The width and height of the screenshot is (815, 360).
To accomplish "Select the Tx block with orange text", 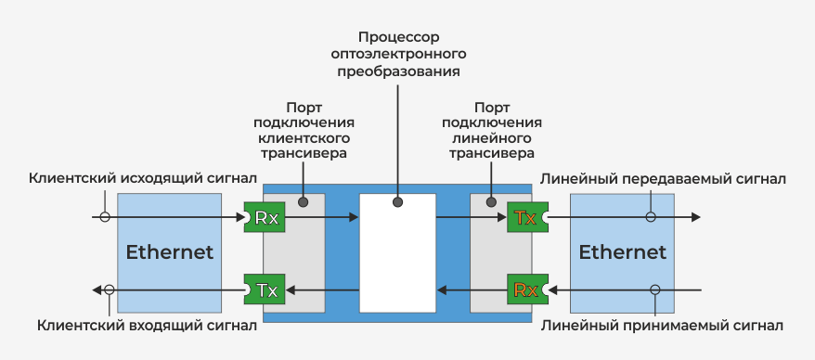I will point(525,218).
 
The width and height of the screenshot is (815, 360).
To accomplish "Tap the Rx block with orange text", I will point(525,290).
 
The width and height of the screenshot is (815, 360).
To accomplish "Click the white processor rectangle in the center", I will point(397,252).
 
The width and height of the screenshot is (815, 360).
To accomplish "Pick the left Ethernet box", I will point(169,252).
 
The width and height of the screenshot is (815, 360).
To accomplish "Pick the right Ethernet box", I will point(622,252).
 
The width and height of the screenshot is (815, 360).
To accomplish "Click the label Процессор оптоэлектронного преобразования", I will point(397,54).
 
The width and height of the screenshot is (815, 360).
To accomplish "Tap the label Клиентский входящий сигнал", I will point(148,326).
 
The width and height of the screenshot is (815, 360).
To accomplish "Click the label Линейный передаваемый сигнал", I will point(664,178).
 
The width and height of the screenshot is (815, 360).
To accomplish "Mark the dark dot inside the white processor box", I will point(397,201).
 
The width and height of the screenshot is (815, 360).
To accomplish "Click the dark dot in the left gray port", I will point(303,201).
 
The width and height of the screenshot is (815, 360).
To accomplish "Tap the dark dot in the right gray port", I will point(490,201).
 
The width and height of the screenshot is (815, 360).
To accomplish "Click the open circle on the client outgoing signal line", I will point(105,218).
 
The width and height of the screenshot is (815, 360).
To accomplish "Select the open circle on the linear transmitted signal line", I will point(651,218).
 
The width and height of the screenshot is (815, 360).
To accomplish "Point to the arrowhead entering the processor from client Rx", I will point(353,218).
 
